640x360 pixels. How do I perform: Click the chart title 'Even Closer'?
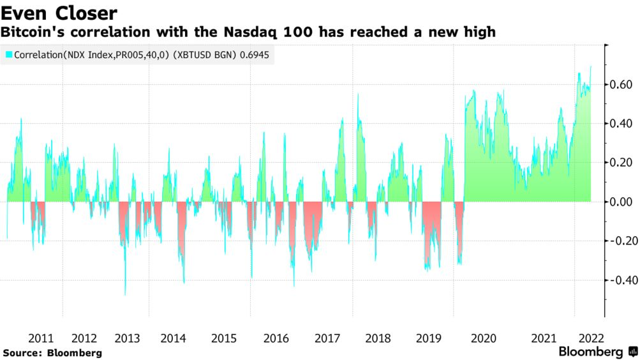(x=61, y=12)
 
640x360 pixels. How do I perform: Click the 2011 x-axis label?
(x=41, y=338)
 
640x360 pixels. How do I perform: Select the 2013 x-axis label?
(x=127, y=338)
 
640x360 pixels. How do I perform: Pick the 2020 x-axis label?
(x=483, y=338)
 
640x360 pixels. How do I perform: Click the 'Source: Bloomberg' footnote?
(x=52, y=352)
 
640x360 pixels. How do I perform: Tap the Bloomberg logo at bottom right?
(x=597, y=352)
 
